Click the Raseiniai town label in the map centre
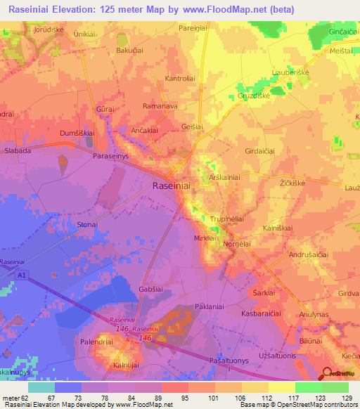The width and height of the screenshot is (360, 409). (x=172, y=186)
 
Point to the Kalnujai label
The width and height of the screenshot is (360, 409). (x=127, y=365)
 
